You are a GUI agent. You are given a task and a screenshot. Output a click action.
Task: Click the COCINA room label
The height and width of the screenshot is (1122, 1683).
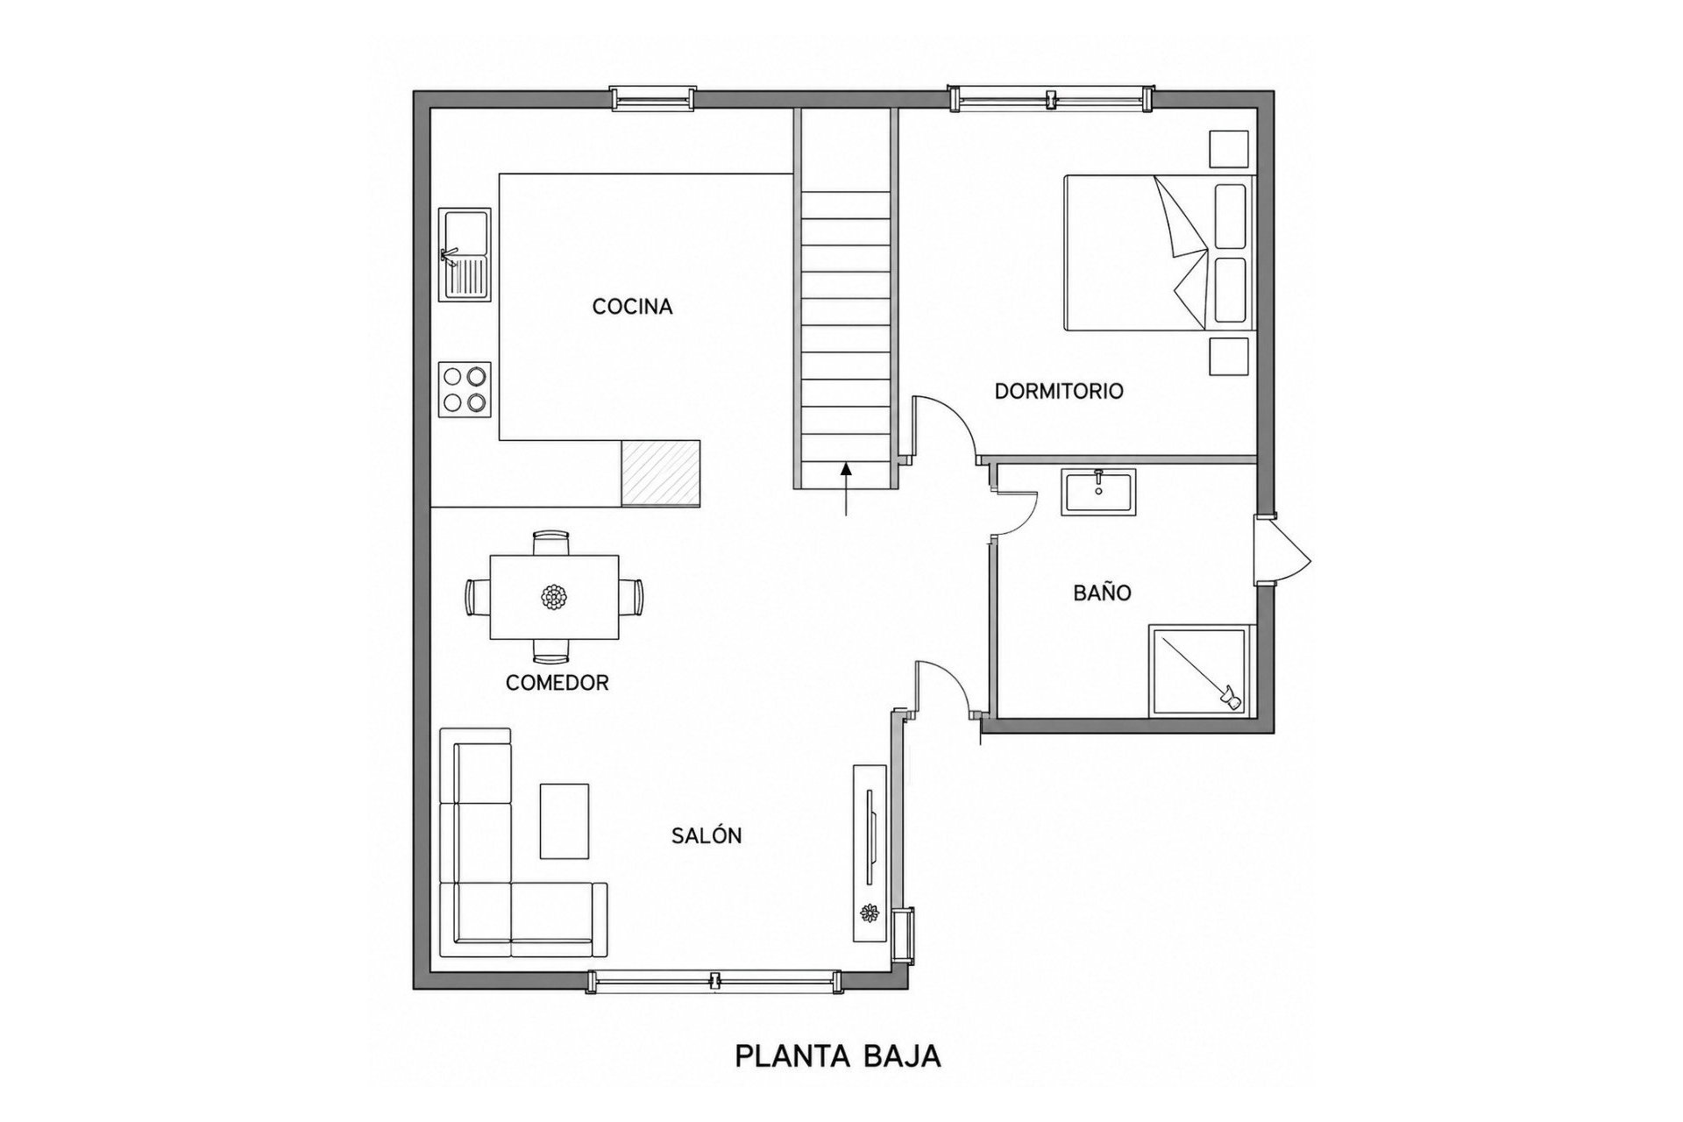pyautogui.click(x=632, y=307)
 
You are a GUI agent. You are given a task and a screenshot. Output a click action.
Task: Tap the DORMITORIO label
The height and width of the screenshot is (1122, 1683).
pyautogui.click(x=1059, y=391)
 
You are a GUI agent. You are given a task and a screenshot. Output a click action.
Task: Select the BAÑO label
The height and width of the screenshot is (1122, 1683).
pyautogui.click(x=1103, y=592)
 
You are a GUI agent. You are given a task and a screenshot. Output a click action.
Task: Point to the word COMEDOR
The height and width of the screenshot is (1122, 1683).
pyautogui.click(x=557, y=683)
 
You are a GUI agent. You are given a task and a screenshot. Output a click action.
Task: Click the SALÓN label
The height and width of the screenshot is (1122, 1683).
pyautogui.click(x=707, y=835)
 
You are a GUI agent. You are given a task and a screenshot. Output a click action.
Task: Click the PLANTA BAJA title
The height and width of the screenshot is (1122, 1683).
pyautogui.click(x=837, y=1056)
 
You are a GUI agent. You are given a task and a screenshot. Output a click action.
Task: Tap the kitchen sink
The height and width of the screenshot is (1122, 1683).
pyautogui.click(x=465, y=254)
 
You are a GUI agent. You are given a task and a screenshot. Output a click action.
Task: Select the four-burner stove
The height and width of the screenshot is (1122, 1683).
pyautogui.click(x=465, y=389)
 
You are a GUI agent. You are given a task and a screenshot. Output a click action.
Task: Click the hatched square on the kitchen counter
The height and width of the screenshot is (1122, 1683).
pyautogui.click(x=661, y=473)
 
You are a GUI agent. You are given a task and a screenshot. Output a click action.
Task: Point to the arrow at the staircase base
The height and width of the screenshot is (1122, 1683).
pyautogui.click(x=846, y=490)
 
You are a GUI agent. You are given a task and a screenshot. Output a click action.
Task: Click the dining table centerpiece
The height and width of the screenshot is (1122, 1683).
pyautogui.click(x=553, y=598)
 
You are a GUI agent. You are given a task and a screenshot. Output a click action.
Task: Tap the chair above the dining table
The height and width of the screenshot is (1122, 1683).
pyautogui.click(x=551, y=543)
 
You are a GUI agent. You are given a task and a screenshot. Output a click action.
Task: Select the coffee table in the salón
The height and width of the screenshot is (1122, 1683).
pyautogui.click(x=564, y=821)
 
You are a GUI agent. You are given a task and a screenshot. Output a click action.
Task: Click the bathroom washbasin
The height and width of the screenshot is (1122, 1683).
pyautogui.click(x=1098, y=493)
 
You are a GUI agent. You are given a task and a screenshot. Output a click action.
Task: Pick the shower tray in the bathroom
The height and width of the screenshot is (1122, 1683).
pyautogui.click(x=1197, y=671)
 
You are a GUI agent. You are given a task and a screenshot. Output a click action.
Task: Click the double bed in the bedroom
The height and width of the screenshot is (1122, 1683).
pyautogui.click(x=1160, y=252)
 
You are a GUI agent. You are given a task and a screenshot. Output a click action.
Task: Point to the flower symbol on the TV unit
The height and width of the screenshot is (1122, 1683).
pyautogui.click(x=870, y=913)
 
